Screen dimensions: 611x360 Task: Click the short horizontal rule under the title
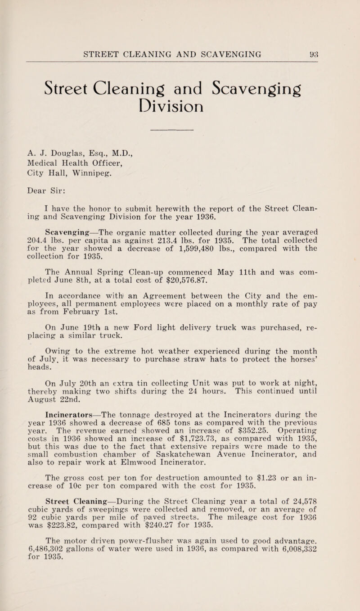point(179,131)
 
